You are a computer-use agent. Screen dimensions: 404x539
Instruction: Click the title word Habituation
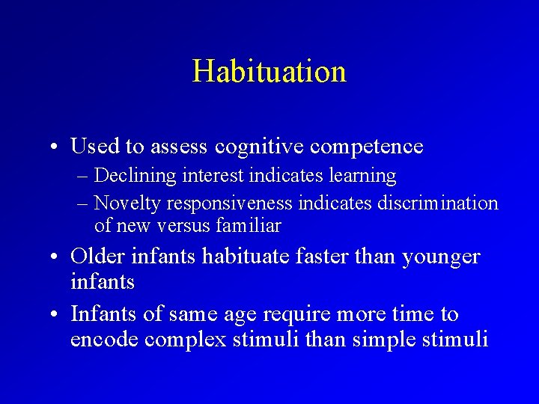coord(269,72)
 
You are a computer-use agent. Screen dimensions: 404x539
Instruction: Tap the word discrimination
coord(439,203)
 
